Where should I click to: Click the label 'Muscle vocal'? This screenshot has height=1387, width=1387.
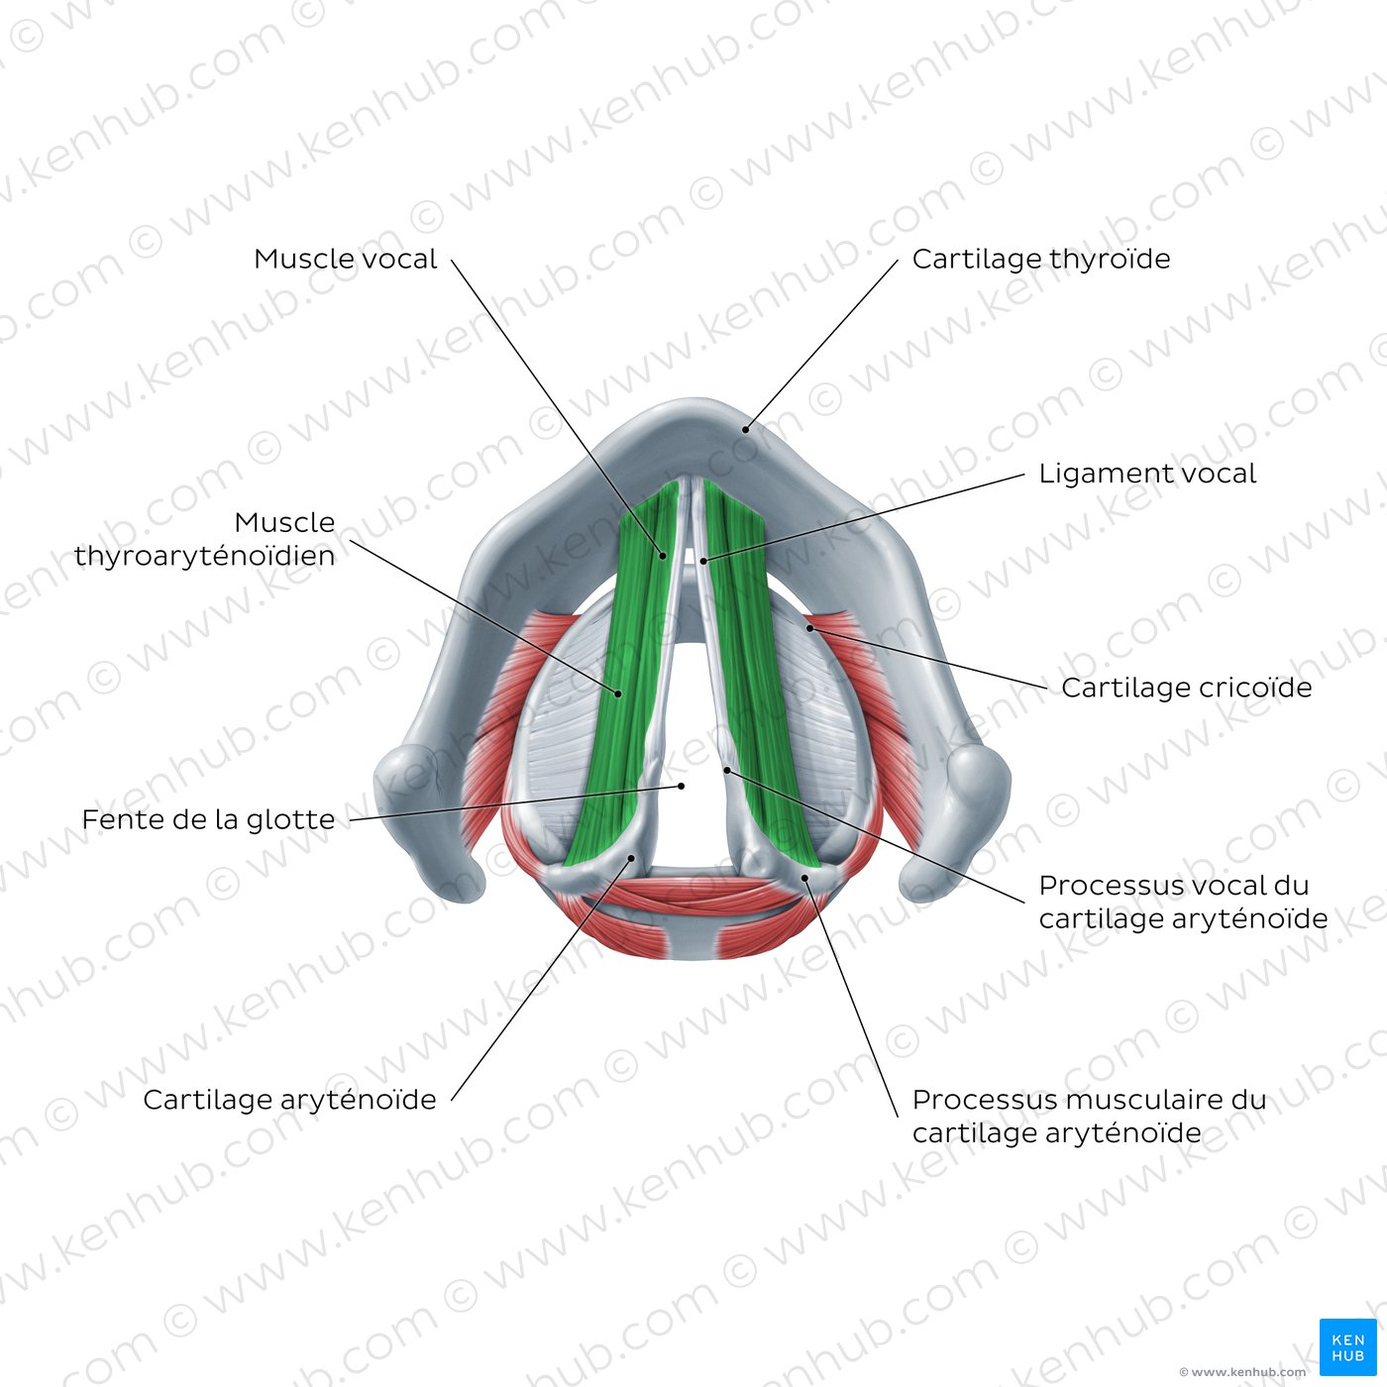(x=345, y=260)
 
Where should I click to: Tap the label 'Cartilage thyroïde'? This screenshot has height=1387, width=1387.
(x=1040, y=260)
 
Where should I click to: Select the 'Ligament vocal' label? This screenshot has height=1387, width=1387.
(x=1146, y=474)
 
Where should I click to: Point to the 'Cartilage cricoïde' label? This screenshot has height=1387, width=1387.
(x=1186, y=688)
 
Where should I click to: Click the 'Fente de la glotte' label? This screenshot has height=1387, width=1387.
(x=208, y=820)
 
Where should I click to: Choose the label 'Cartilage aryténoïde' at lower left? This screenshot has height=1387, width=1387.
(x=289, y=1100)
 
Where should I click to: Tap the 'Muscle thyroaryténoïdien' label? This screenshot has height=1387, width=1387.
(x=205, y=539)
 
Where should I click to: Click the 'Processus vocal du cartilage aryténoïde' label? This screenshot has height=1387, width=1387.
(x=1183, y=902)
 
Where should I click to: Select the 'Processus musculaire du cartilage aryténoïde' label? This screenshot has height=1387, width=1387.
(x=1089, y=1116)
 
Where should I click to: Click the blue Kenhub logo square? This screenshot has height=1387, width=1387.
(x=1347, y=1347)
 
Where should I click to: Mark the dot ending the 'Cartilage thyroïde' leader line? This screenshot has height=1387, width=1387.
(x=747, y=429)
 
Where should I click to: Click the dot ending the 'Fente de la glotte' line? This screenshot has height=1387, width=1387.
(x=682, y=786)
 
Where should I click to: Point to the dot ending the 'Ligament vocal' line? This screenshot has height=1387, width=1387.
(x=703, y=561)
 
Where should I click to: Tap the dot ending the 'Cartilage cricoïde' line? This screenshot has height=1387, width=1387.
(x=809, y=628)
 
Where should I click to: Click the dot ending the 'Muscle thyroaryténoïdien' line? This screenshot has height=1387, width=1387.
(x=619, y=693)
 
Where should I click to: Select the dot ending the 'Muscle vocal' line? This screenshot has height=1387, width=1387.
(x=663, y=556)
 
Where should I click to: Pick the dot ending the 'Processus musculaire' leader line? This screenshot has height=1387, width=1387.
(x=804, y=877)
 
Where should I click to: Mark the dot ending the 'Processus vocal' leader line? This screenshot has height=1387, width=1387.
(x=726, y=769)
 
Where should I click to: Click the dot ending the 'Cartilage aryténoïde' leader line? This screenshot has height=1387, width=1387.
(x=631, y=859)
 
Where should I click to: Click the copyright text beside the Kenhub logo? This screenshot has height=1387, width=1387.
(x=1242, y=1372)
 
